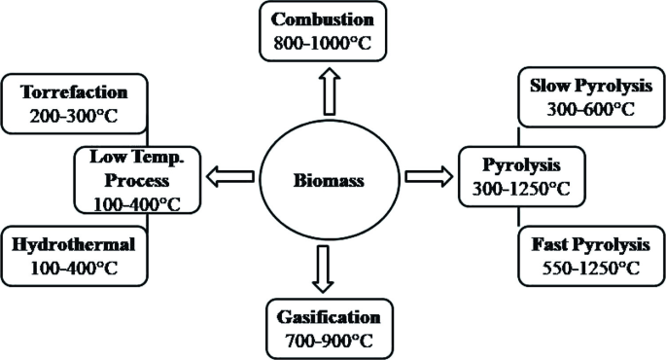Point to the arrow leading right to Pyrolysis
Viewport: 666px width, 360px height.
429,177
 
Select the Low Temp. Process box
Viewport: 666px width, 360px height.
136,178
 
